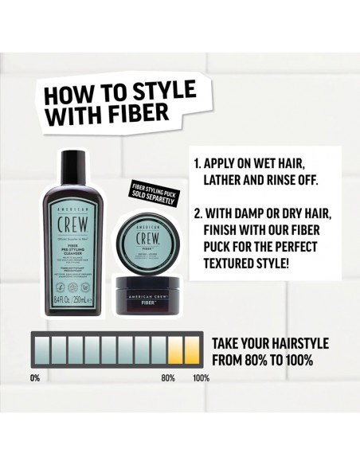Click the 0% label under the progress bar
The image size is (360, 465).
(x=34, y=377)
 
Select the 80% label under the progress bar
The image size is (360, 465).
(x=168, y=377)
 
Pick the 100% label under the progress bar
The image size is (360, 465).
(x=201, y=377)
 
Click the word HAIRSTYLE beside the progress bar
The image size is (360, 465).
(x=295, y=343)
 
